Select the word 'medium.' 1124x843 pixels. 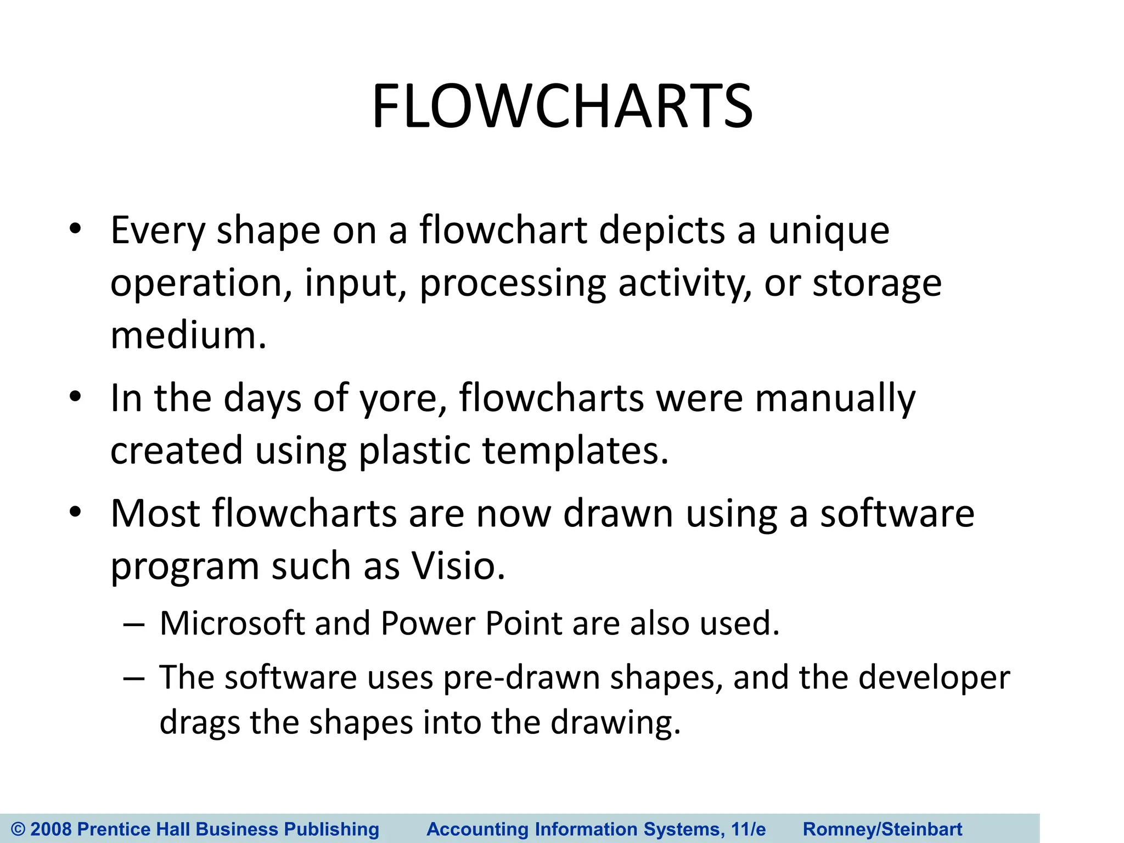pos(188,335)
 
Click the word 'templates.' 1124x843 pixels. pos(575,451)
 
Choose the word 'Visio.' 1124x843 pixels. pos(458,566)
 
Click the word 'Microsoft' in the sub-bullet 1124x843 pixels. pos(232,623)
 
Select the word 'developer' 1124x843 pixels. pos(934,678)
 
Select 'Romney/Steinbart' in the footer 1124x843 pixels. pos(883,829)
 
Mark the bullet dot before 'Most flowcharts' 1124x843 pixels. pos(75,512)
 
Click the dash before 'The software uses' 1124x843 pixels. pos(134,678)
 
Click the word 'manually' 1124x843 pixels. pos(835,398)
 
